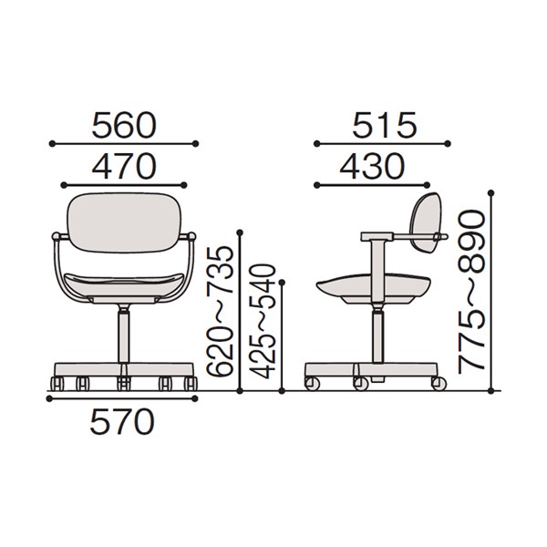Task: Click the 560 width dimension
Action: pos(124,125)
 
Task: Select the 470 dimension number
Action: pos(124,167)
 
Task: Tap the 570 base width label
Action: pos(122,421)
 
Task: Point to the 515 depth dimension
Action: pos(385,125)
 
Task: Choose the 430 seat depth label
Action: pos(372,167)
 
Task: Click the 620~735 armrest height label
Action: pos(219,311)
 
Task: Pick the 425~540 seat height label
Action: pos(263,321)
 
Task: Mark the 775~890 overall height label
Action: pos(471,289)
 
